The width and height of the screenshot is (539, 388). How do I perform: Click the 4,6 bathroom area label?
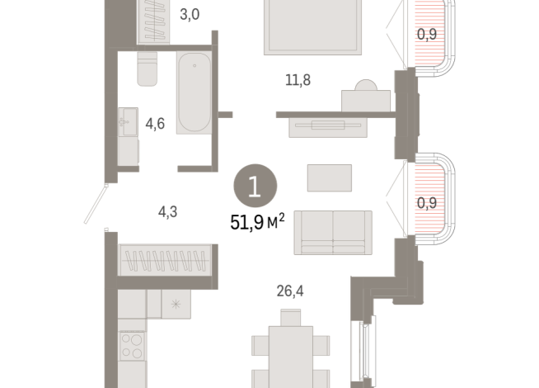click(154, 125)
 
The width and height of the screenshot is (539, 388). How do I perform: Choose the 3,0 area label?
click(190, 14)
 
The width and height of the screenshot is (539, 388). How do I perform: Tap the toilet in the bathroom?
click(147, 69)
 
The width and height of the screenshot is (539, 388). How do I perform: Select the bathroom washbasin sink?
click(128, 124)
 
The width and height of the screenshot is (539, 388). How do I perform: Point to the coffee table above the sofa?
click(329, 177)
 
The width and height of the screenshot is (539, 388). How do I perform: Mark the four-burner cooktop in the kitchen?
click(133, 345)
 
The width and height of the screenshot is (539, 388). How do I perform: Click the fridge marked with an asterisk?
click(175, 305)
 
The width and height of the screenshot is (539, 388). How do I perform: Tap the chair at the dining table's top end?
click(290, 317)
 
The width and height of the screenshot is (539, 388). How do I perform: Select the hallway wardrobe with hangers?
click(167, 260)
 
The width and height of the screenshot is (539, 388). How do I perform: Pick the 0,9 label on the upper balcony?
click(427, 35)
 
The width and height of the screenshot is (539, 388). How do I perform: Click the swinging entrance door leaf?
click(97, 203)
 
